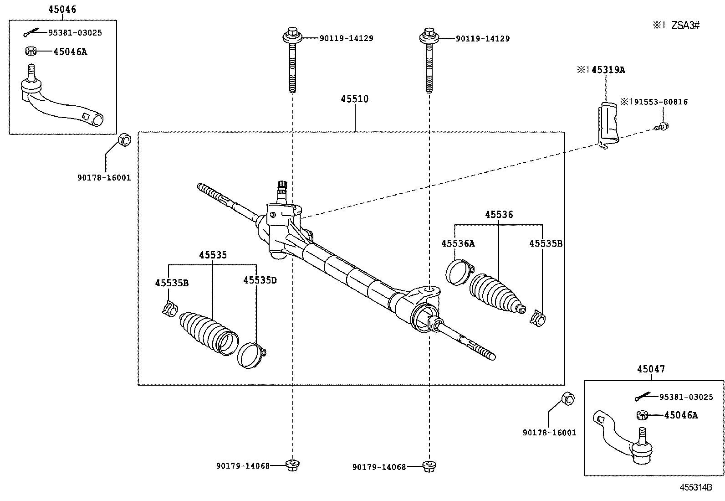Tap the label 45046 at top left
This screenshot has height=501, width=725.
[x=62, y=9]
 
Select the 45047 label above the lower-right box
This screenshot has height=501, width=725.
[x=651, y=369]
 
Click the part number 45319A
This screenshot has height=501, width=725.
[x=608, y=70]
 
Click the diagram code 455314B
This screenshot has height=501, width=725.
[x=695, y=487]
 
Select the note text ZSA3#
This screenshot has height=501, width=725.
[x=685, y=26]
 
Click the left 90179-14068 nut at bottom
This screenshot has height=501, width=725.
[x=291, y=465]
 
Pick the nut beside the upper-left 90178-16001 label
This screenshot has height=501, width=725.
[x=125, y=139]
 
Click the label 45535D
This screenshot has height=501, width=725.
[x=260, y=280]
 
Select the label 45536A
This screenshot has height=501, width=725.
[x=458, y=244]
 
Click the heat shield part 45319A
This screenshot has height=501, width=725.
[x=608, y=123]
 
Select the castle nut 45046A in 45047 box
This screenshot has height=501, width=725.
[x=642, y=415]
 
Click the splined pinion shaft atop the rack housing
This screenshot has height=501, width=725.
[x=282, y=187]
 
